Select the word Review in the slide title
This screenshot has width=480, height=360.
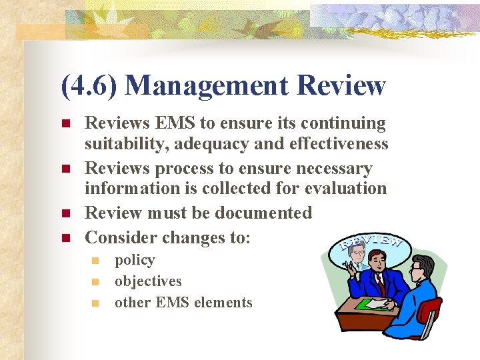tap(341, 86)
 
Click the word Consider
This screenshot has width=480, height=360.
tap(121, 237)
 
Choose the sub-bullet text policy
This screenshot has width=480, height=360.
tap(135, 261)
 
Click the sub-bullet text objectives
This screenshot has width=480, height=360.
tap(148, 281)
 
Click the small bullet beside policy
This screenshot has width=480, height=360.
tap(95, 261)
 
